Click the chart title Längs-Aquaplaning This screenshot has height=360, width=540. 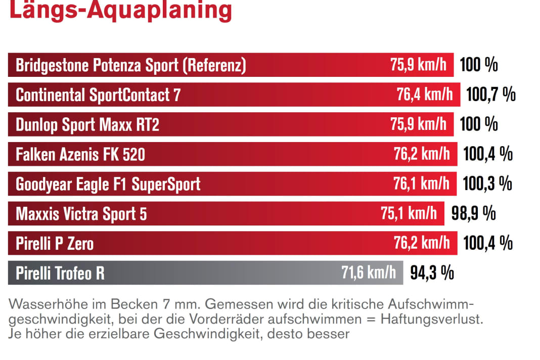120,10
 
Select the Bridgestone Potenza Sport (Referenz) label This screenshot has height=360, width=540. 131,65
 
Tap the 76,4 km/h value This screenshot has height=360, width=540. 425,95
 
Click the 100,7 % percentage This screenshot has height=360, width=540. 490,95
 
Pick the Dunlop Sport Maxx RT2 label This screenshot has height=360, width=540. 87,124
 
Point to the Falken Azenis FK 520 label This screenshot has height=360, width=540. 80,154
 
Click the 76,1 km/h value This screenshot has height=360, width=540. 421,184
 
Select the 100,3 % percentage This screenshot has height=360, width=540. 487,184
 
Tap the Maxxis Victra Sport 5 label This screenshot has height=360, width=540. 81,213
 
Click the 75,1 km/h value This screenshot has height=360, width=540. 409,213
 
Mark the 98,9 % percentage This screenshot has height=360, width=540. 473,213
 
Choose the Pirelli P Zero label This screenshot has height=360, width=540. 55,243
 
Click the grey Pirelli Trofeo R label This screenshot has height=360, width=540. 60,273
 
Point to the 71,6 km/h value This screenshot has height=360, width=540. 369,273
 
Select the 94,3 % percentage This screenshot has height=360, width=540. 432,273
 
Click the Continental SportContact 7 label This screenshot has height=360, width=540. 98,95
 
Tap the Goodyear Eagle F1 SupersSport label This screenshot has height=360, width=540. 108,184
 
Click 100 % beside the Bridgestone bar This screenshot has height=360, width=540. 478,65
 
